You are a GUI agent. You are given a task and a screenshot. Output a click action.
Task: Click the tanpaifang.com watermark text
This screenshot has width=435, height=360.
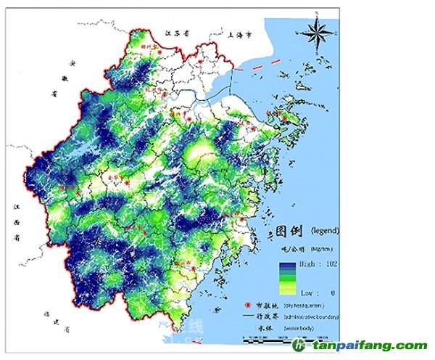click(x=370, y=346)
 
